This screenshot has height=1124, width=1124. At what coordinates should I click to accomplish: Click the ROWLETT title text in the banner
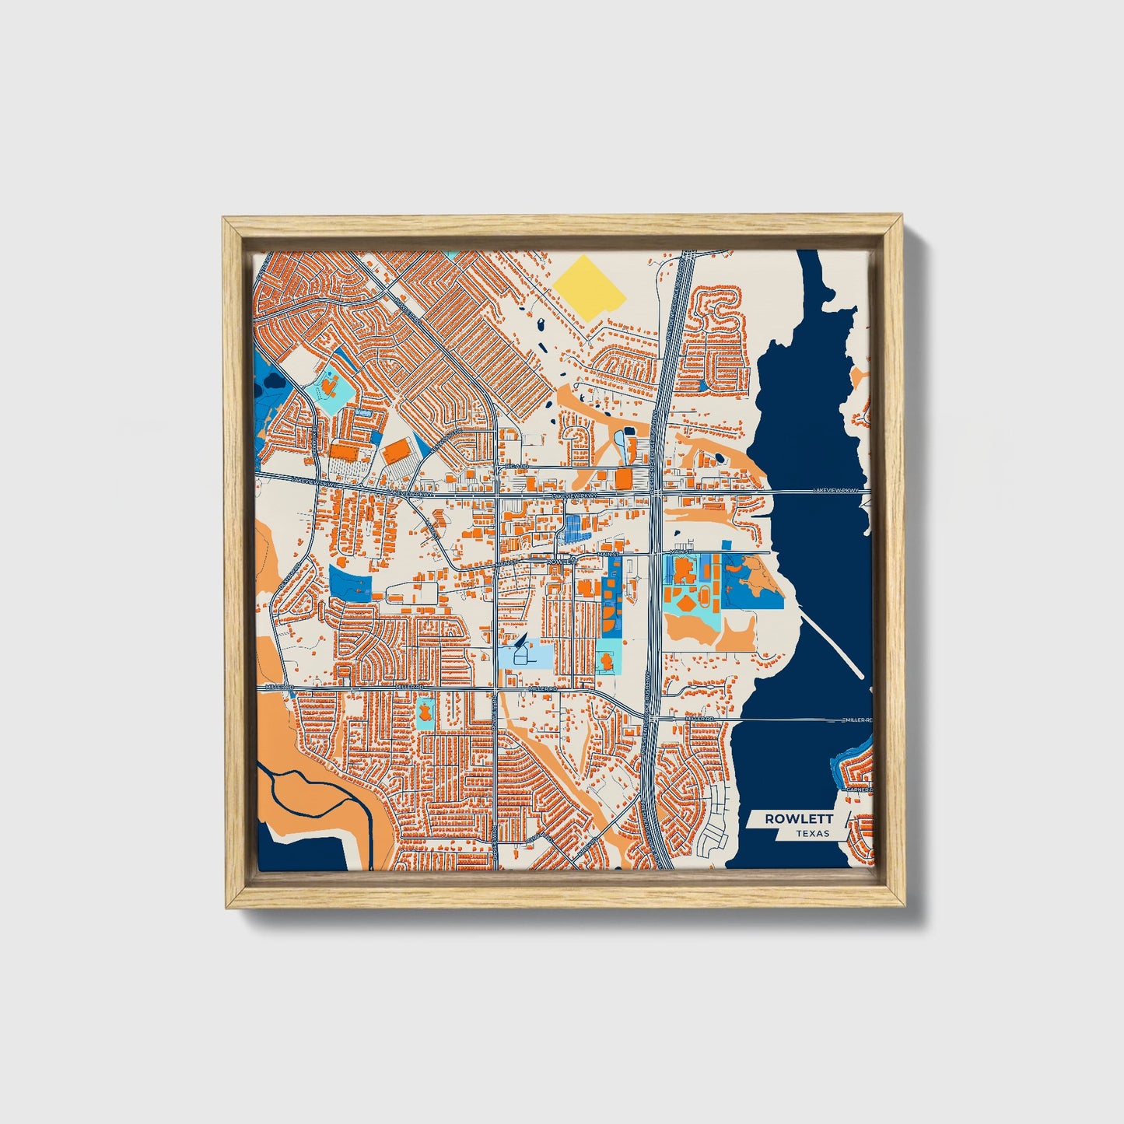(x=799, y=818)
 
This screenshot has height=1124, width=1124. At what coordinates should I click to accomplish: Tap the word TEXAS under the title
(x=812, y=834)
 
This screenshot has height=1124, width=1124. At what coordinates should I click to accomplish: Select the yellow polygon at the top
(x=590, y=285)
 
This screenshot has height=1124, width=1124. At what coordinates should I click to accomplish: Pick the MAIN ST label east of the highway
(x=681, y=551)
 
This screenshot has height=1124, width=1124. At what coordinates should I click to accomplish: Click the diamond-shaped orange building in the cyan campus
(x=687, y=604)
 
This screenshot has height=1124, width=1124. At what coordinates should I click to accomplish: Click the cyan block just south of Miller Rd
(x=425, y=713)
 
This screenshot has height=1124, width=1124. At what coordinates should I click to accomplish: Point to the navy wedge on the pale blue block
(x=520, y=643)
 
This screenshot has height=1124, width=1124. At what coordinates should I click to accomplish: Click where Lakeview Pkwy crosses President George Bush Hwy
(x=655, y=492)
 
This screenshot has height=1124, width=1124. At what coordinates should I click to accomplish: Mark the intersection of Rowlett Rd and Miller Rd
(x=496, y=689)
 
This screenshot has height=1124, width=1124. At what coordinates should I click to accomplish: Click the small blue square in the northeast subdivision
(x=703, y=384)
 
